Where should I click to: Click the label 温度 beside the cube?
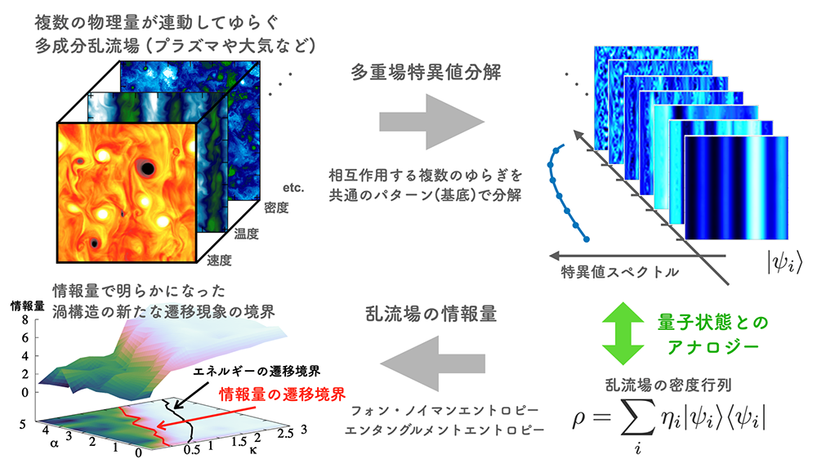247,234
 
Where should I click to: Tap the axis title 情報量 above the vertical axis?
23,305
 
